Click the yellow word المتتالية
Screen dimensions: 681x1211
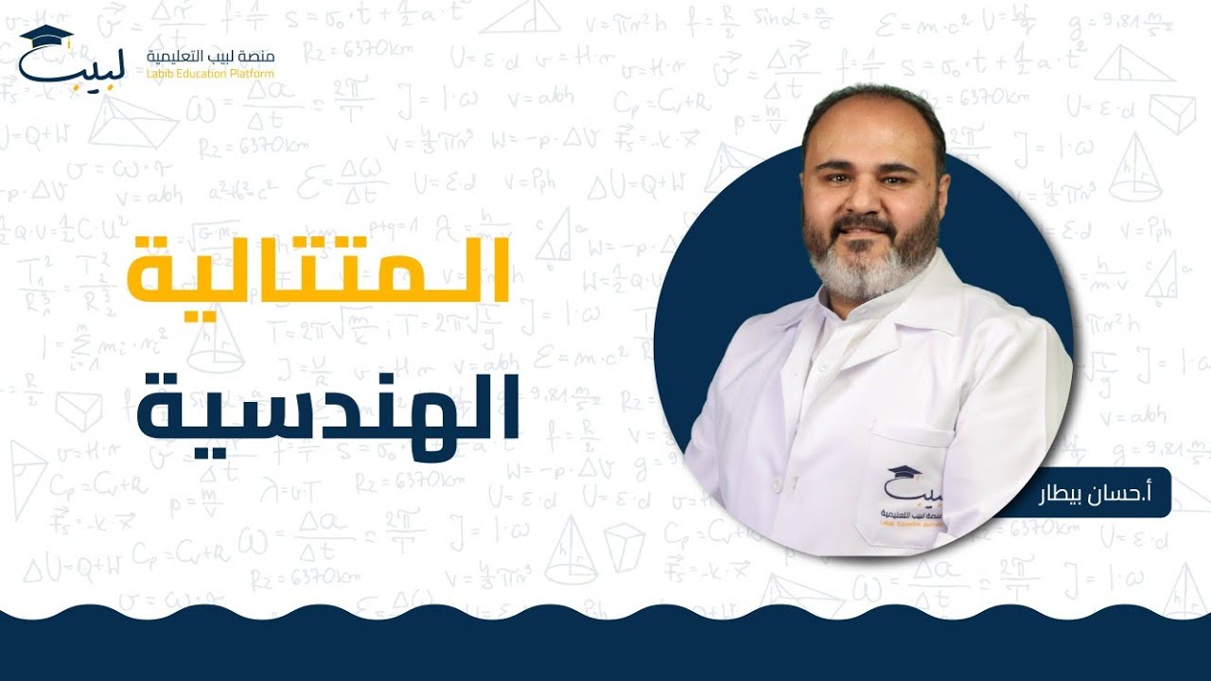[319, 271]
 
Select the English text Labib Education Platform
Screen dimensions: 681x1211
[211, 74]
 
